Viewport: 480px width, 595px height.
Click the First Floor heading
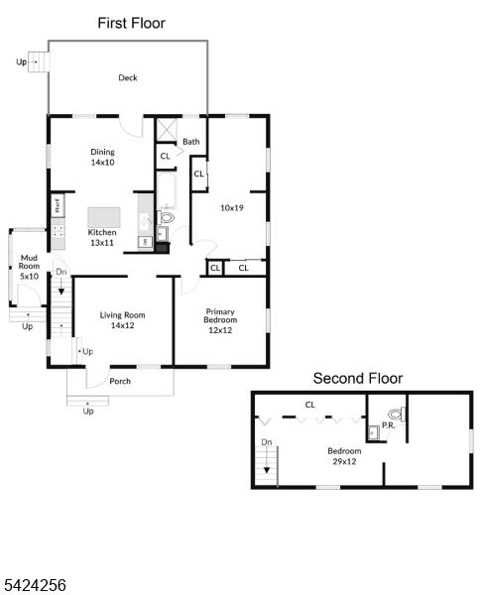131,23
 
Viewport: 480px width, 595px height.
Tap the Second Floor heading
358,379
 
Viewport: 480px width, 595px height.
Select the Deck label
128,77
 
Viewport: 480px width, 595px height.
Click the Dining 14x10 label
102,157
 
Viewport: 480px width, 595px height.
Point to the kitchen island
104,217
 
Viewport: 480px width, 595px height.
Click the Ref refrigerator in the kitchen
58,205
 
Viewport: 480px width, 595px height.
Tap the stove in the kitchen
59,232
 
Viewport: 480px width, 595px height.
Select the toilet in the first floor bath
166,217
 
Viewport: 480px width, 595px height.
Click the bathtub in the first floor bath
167,190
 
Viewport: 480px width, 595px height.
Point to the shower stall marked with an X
167,130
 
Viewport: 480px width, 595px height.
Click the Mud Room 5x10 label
29,267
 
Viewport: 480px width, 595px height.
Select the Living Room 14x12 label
123,320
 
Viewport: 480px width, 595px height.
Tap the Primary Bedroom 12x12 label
220,320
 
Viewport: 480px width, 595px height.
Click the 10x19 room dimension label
232,208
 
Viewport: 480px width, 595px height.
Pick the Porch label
120,382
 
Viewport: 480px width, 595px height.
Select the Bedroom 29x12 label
344,456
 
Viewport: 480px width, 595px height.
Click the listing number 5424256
34,585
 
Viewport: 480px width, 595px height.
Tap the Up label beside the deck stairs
21,61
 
